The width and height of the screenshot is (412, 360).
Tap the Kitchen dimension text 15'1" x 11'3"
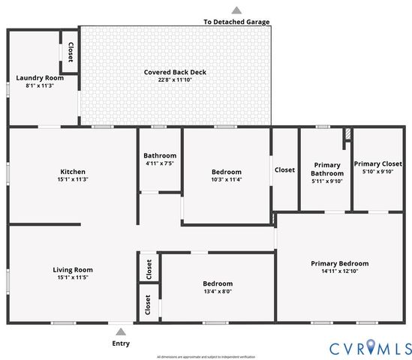[x=72, y=179]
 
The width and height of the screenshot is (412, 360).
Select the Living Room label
[x=72, y=269]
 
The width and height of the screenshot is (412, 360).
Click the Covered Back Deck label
[x=175, y=73]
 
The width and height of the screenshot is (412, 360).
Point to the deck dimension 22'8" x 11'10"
[x=175, y=80]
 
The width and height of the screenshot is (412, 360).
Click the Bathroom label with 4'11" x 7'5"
[x=160, y=155]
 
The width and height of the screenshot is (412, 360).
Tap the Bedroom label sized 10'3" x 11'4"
[x=227, y=172]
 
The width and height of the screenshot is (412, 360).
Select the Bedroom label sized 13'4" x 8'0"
[x=218, y=283]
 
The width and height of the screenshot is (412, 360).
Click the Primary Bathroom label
[x=326, y=169]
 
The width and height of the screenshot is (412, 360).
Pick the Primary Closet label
[x=377, y=163]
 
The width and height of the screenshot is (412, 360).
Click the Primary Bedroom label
[x=340, y=263]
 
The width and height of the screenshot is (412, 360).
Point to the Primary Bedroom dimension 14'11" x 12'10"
[x=340, y=271]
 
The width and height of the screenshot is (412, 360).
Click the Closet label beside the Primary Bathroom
[x=284, y=169]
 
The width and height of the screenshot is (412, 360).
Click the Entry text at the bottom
[x=120, y=343]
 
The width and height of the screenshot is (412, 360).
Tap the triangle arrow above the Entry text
[x=120, y=331]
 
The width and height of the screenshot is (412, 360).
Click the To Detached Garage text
[x=236, y=22]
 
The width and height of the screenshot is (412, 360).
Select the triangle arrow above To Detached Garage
[x=236, y=10]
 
